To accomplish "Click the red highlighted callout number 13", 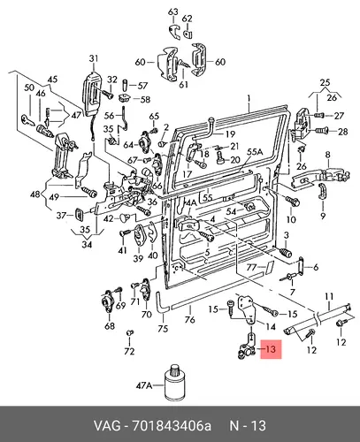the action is click(x=271, y=349).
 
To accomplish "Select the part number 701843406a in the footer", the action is click(x=172, y=426).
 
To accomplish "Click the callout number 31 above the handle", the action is click(x=93, y=58).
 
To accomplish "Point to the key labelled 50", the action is click(x=28, y=119).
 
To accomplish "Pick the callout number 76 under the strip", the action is click(x=190, y=319).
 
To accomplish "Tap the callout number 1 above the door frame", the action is click(x=249, y=98).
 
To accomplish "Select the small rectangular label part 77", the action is click(x=269, y=268).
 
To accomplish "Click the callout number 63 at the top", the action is click(x=173, y=11).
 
